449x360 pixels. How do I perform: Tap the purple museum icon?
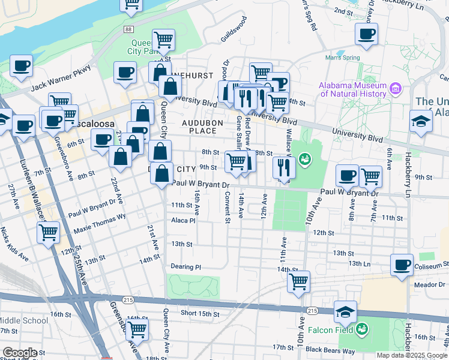tap(395, 89)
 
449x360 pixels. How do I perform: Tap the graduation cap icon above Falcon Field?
tap(346, 312)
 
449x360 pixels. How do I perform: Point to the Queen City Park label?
tap(144, 47)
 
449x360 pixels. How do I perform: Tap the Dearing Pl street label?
tap(187, 266)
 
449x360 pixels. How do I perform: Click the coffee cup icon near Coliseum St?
tap(402, 265)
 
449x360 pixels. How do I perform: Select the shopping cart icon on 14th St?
tap(298, 281)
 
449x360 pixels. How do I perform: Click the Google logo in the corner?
tap(19, 353)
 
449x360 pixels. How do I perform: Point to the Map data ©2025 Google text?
tap(411, 355)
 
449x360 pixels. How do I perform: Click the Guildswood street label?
tap(234, 29)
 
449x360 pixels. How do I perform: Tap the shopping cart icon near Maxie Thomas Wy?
tap(48, 232)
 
